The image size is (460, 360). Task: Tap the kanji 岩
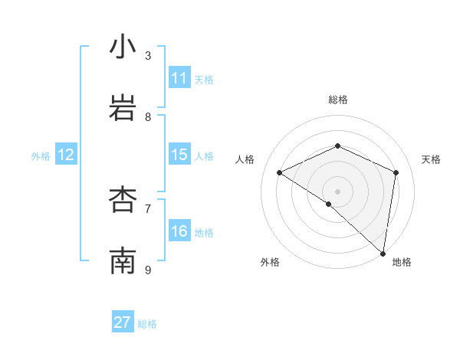[123, 109]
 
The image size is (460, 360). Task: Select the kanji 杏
[123, 201]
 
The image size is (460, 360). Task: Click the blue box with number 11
[179, 78]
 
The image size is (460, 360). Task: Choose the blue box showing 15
[179, 155]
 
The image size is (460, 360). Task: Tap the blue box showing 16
[179, 231]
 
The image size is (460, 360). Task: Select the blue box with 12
[66, 155]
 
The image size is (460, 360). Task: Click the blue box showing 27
[123, 322]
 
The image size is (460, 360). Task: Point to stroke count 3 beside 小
[148, 55]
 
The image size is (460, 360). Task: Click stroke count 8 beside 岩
[148, 116]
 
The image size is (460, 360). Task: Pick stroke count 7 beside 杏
[148, 208]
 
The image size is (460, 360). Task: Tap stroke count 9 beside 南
[148, 270]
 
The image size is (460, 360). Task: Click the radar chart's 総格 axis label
[337, 100]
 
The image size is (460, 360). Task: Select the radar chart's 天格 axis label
[431, 159]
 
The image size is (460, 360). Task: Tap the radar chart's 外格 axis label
[269, 262]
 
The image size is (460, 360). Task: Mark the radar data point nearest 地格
[383, 253]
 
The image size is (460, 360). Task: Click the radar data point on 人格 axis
[280, 172]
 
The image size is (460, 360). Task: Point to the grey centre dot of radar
[337, 191]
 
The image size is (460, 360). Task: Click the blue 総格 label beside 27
[147, 324]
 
